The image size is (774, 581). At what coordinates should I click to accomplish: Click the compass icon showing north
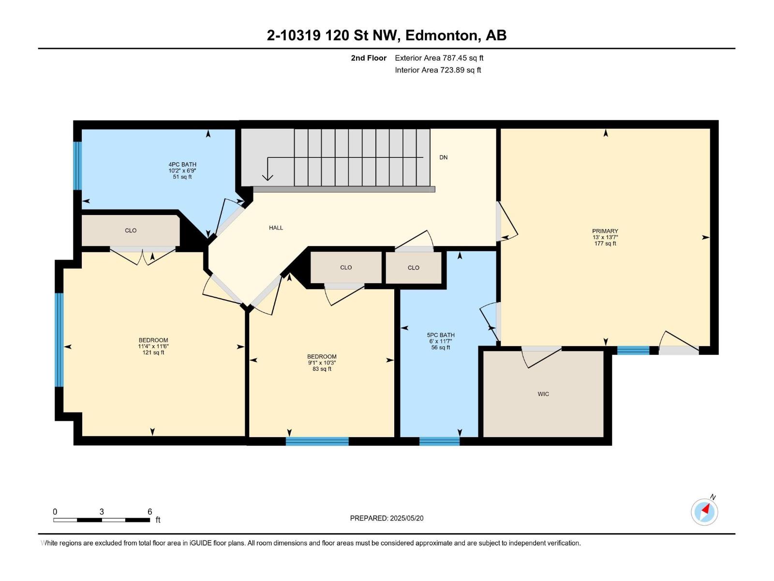704,512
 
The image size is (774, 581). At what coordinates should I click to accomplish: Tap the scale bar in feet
102,520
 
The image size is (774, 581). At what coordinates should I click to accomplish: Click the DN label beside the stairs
443,157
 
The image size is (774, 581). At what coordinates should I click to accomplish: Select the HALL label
276,228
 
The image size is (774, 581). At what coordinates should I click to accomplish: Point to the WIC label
543,394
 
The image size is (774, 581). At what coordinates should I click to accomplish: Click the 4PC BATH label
182,165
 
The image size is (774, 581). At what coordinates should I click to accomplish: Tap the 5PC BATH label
440,335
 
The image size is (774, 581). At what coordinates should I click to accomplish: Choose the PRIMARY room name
605,231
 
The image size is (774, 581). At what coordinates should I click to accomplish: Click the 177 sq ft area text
605,244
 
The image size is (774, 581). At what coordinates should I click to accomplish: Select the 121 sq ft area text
153,352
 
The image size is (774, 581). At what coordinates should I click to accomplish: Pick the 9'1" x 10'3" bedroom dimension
322,363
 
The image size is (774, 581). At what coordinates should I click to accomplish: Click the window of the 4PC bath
77,166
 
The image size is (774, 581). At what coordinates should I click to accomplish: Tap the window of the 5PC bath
439,441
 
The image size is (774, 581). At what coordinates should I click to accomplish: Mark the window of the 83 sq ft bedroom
317,441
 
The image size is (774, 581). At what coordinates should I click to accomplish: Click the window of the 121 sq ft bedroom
59,340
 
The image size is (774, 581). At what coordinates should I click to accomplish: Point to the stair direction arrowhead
268,177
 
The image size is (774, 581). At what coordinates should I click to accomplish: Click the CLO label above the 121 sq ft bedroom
131,230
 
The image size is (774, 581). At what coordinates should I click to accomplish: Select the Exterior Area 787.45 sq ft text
439,58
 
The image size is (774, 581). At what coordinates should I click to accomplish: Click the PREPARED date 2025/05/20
406,518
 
